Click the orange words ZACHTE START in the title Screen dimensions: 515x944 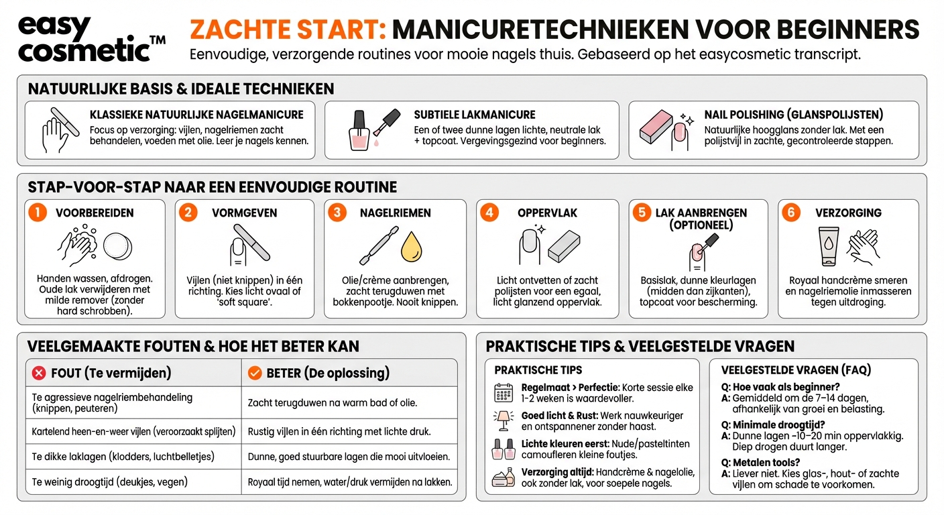287,30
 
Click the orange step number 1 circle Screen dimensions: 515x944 38,213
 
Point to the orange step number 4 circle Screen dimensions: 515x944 490,213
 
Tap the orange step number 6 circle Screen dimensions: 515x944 792,213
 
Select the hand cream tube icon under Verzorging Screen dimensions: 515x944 828,246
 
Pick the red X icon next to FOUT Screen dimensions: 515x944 40,373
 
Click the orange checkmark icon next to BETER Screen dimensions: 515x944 255,373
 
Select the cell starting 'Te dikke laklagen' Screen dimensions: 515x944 123,457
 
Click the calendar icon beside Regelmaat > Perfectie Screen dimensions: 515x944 503,392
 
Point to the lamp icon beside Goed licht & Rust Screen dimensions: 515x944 503,420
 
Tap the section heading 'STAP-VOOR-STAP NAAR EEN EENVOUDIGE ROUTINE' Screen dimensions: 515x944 212,186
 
